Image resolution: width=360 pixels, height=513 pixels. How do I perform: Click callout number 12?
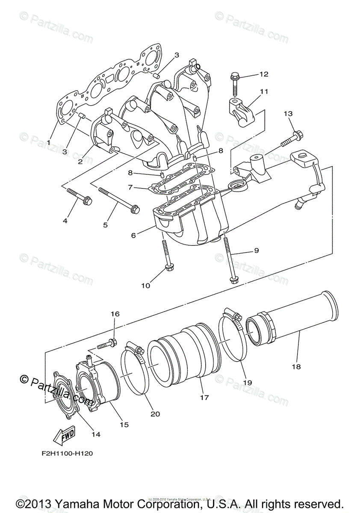click(x=264, y=74)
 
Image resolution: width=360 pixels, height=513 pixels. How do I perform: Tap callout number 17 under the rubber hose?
click(x=204, y=398)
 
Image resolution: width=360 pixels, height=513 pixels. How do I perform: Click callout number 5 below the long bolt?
click(x=105, y=224)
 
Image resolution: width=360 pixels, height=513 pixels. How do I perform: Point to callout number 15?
click(x=124, y=425)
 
